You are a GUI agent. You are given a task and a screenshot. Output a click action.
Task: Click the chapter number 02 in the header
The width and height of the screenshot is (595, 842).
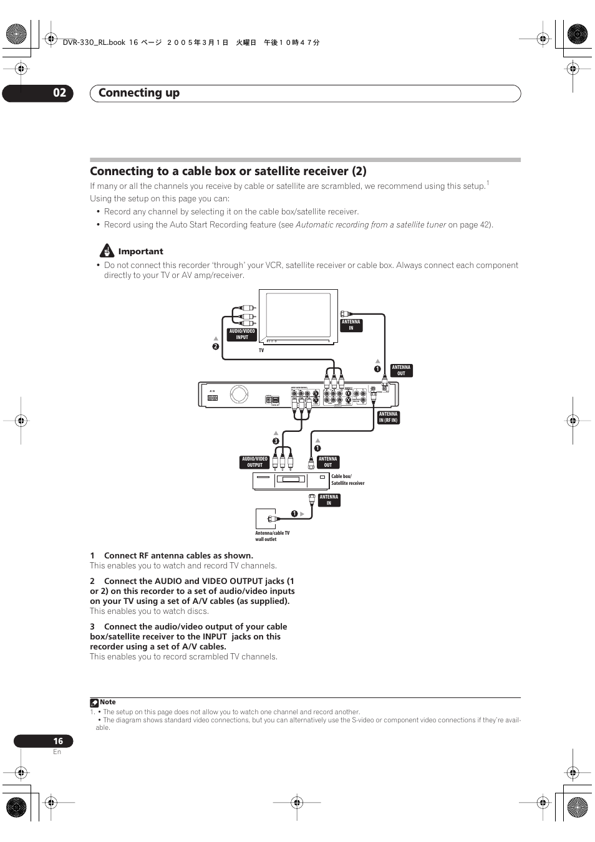pyautogui.click(x=59, y=93)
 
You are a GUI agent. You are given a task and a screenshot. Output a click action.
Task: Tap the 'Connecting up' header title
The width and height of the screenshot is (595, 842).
pyautogui.click(x=139, y=93)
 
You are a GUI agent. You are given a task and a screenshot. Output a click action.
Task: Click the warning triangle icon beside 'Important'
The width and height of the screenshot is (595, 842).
pyautogui.click(x=107, y=251)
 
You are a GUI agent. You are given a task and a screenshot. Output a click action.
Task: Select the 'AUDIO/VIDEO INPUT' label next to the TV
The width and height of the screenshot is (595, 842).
pyautogui.click(x=242, y=335)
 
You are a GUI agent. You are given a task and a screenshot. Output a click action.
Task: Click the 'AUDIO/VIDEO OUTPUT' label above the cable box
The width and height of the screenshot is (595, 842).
pyautogui.click(x=254, y=462)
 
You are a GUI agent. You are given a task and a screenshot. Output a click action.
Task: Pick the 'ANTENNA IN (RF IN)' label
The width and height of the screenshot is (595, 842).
pyautogui.click(x=388, y=417)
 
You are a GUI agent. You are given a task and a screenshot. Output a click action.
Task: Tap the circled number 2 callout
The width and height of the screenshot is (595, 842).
pyautogui.click(x=216, y=347)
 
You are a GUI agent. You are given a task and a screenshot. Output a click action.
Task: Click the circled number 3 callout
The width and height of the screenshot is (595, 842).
pyautogui.click(x=275, y=441)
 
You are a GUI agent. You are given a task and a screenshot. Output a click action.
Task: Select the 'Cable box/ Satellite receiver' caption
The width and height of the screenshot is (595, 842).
pyautogui.click(x=347, y=480)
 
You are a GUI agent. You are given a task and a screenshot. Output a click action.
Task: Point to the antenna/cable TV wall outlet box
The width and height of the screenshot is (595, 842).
pyautogui.click(x=266, y=519)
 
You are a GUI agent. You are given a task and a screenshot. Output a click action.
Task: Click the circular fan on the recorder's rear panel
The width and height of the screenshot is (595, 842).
pyautogui.click(x=239, y=394)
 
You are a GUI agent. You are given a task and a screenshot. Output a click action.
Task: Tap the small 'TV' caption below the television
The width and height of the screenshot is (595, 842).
pyautogui.click(x=261, y=350)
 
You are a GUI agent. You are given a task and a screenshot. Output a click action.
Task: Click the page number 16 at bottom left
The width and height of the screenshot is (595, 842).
pyautogui.click(x=58, y=741)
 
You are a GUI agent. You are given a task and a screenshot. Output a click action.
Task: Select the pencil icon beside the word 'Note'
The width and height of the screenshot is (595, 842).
pyautogui.click(x=94, y=702)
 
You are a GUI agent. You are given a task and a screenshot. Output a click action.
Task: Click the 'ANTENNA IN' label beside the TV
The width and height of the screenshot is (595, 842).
pyautogui.click(x=351, y=325)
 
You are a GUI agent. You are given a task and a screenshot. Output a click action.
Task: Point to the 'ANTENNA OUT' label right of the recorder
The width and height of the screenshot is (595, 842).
pyautogui.click(x=401, y=371)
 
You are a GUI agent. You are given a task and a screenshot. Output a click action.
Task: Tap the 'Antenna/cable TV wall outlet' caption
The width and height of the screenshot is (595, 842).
pyautogui.click(x=272, y=536)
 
